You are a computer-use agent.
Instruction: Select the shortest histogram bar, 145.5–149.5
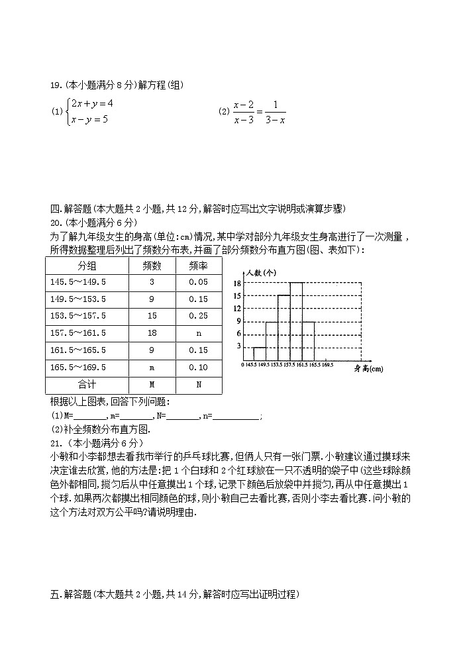[x=260, y=354]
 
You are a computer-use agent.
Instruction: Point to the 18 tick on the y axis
[x=236, y=283]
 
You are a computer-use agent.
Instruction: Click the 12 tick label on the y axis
[x=236, y=309]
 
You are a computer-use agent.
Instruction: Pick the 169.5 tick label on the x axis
[x=327, y=364]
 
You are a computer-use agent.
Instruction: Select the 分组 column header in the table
[x=86, y=266]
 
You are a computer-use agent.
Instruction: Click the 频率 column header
[x=197, y=266]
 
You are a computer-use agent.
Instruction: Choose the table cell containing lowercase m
[x=152, y=367]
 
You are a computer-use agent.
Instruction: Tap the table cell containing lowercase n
[x=197, y=333]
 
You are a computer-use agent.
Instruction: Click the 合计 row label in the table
[x=86, y=384]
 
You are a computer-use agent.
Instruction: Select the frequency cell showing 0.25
[x=197, y=316]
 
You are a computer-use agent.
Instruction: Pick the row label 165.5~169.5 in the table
[x=78, y=367]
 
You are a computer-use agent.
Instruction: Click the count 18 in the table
[x=152, y=333]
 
